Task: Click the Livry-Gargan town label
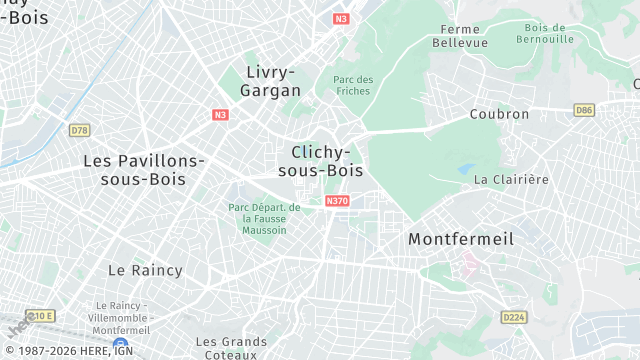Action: pos(270,81)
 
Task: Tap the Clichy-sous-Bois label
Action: pos(321,161)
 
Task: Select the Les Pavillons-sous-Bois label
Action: pos(144,169)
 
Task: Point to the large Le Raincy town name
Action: pos(145,270)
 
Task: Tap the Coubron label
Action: pos(499,114)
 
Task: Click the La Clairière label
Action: pos(511,180)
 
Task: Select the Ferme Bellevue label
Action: pos(460,36)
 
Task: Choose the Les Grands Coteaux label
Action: pos(230,347)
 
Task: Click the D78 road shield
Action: pos(79,130)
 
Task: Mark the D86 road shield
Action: pos(584,109)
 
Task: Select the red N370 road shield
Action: pos(337,201)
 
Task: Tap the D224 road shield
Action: pos(514,317)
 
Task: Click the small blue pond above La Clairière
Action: pos(466,170)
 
